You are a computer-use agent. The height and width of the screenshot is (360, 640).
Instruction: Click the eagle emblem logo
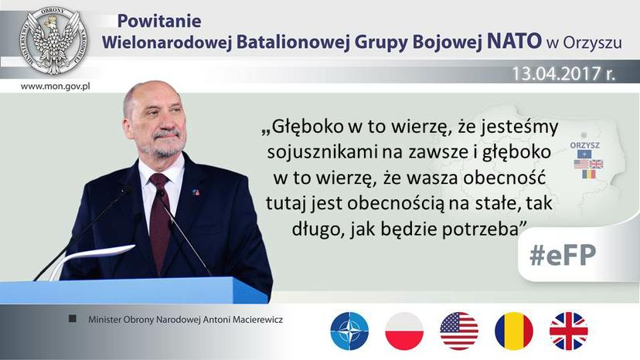tap(53, 42)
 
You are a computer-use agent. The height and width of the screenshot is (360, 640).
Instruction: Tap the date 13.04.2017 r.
tap(563, 73)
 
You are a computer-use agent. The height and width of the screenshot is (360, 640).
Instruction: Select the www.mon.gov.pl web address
tap(55, 87)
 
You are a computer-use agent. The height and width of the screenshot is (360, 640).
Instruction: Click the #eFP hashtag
tap(563, 255)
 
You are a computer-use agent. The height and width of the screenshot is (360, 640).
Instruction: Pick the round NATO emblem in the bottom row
tap(349, 331)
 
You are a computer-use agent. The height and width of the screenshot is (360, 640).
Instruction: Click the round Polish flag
tap(404, 331)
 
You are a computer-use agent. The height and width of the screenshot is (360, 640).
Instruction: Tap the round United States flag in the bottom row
tap(459, 331)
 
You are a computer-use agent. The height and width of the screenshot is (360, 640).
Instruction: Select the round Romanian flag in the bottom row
tap(514, 331)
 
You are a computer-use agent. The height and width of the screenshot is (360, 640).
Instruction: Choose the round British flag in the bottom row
tap(569, 331)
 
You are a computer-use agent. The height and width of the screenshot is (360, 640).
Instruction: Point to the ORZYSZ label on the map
tap(585, 145)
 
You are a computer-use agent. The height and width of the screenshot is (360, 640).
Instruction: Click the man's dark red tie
tap(159, 222)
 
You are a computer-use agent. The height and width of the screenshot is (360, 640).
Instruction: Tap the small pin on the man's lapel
tap(196, 192)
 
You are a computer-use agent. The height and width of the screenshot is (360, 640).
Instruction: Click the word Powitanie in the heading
tap(159, 21)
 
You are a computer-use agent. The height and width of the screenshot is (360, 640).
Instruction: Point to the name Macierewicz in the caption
tap(258, 320)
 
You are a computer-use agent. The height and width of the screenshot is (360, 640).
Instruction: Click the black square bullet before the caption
tap(73, 318)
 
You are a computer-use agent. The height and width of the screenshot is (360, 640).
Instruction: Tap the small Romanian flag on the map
tap(588, 175)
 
